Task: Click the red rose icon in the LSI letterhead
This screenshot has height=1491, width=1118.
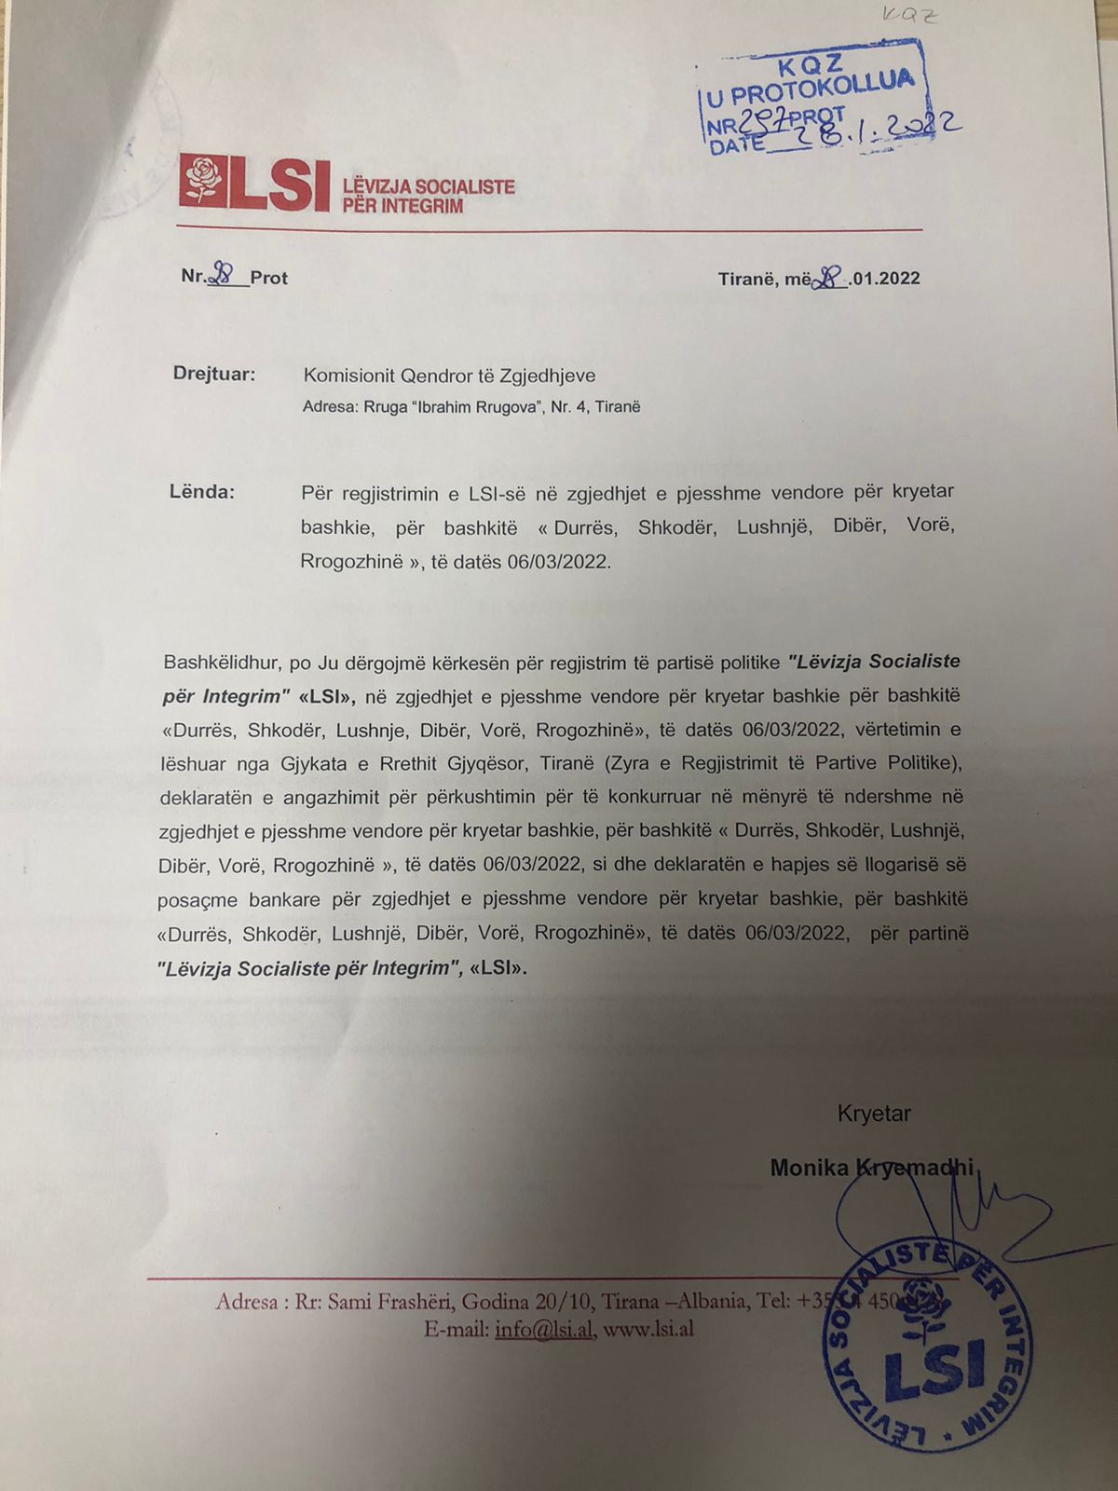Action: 203,181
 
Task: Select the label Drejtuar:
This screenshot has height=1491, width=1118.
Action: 213,375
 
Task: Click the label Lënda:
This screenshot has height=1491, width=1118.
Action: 201,491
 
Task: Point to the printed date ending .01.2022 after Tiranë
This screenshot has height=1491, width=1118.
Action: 885,279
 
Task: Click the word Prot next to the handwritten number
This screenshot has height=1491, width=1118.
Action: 268,278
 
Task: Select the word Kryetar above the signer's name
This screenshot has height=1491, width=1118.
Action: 873,1113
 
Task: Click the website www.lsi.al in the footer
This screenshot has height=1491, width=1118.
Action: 648,1330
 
